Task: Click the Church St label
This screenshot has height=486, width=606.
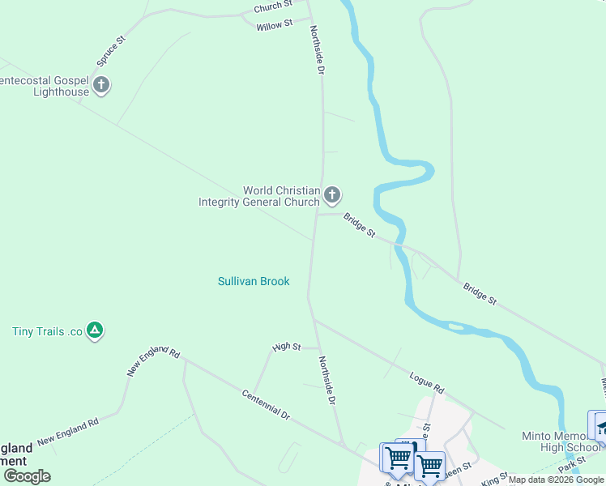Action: [272, 6]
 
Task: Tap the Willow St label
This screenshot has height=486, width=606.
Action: [274, 26]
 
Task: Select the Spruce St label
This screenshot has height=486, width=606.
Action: [112, 50]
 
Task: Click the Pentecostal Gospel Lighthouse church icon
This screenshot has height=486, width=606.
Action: [101, 85]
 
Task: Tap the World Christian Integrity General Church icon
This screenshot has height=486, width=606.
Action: [331, 195]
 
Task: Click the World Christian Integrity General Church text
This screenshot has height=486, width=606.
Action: [259, 196]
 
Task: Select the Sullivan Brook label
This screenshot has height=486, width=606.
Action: [254, 281]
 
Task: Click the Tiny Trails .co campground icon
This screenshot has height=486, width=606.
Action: [96, 330]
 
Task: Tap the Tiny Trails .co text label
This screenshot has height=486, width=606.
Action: [48, 331]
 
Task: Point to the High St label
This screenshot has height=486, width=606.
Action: [287, 347]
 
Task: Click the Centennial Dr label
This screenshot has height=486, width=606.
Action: [266, 403]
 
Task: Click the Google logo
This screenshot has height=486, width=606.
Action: [26, 476]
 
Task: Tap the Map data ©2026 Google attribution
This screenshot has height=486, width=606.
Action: [556, 480]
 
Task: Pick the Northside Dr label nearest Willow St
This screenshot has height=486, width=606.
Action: [317, 50]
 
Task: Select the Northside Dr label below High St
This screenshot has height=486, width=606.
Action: [326, 380]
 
